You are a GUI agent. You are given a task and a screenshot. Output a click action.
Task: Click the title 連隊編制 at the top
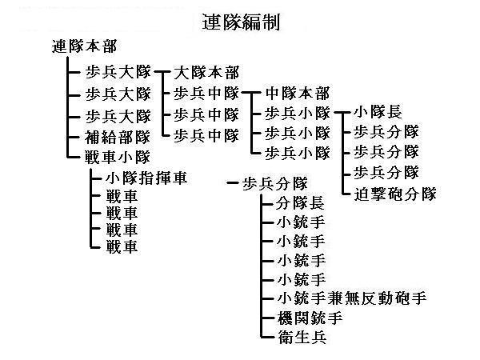(241, 22)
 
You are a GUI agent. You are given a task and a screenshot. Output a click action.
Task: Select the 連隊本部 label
(85, 46)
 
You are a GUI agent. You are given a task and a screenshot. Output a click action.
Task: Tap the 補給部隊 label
(118, 137)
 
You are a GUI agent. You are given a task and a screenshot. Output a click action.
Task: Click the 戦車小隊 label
(118, 157)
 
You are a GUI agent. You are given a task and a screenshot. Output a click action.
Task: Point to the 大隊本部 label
(206, 73)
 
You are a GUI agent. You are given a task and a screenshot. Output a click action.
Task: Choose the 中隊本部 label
(298, 93)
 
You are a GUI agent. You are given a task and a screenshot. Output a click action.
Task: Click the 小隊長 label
(378, 112)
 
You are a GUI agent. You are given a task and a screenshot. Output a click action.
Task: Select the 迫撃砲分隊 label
(395, 194)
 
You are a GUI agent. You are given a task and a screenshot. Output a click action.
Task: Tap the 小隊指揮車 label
(146, 178)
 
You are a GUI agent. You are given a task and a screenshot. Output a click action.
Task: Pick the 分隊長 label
(300, 203)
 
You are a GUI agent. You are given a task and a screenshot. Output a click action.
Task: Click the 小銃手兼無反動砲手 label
(352, 298)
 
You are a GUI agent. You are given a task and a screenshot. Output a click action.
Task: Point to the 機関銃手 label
(310, 318)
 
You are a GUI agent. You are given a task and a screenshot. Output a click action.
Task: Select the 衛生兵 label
(302, 337)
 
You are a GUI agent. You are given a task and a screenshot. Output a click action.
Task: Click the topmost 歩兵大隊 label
(118, 72)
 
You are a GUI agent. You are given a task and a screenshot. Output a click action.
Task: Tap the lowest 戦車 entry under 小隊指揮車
(122, 246)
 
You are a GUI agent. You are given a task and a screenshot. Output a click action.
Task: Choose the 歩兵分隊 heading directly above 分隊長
(275, 184)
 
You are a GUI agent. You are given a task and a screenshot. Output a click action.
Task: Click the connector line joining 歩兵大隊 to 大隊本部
(162, 72)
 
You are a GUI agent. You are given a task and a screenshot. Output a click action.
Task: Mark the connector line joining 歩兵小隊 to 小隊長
(342, 112)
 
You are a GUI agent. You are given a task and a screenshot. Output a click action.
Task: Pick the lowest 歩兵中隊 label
(206, 135)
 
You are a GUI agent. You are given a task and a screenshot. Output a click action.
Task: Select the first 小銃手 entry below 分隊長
(301, 222)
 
